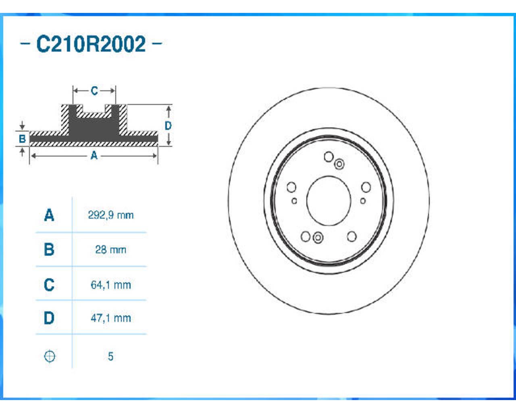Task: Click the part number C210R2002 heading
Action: [91, 44]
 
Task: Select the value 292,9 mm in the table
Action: [111, 215]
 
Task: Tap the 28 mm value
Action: [111, 250]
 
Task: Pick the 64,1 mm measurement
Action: [111, 285]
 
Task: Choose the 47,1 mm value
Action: [111, 318]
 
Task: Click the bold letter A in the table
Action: [49, 215]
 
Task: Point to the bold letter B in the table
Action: [49, 249]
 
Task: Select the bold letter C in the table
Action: [49, 285]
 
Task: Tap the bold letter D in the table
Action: [49, 318]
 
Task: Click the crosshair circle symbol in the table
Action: [50, 357]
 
